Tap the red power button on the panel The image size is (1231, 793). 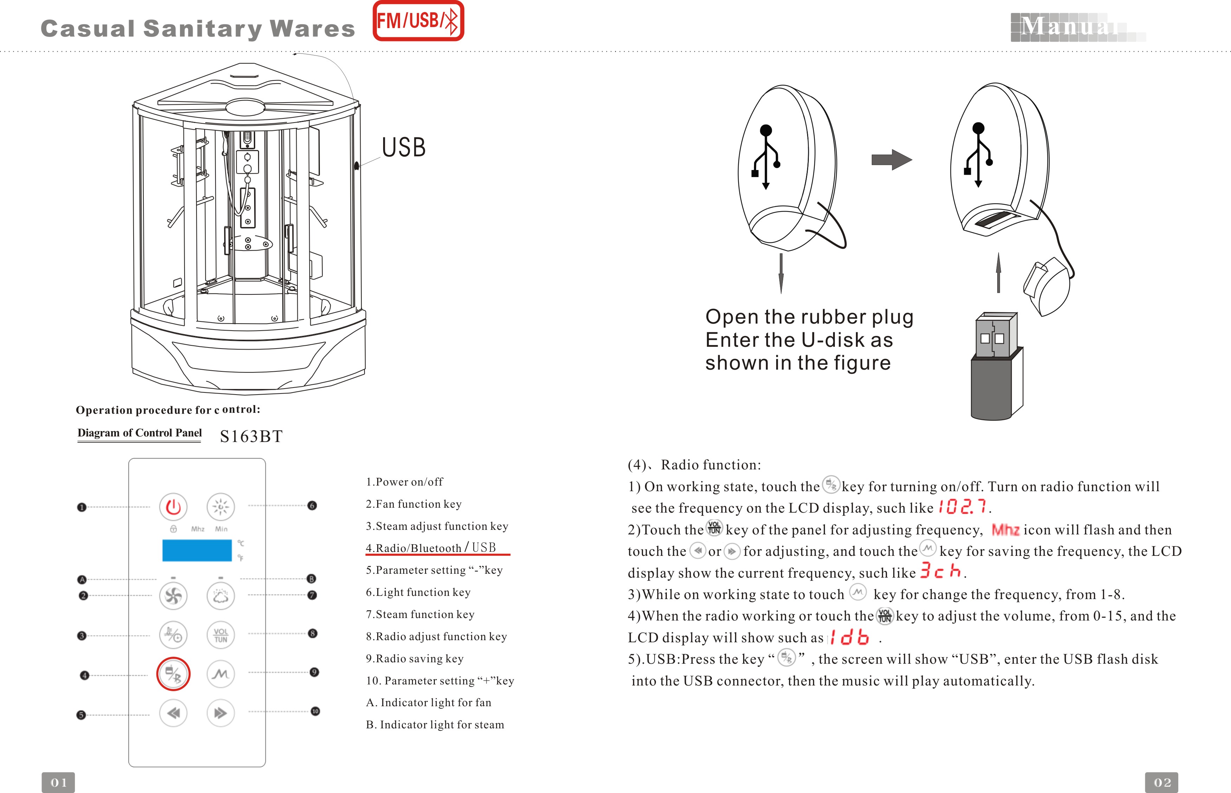coord(173,507)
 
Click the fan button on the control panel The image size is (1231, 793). coord(173,596)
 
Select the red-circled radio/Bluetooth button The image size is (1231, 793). coord(173,674)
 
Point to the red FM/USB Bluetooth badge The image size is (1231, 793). coord(418,21)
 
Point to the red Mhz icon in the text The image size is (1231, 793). coord(1005,530)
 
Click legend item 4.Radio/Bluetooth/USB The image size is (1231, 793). coord(431,548)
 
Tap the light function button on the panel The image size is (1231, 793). coord(220,507)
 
